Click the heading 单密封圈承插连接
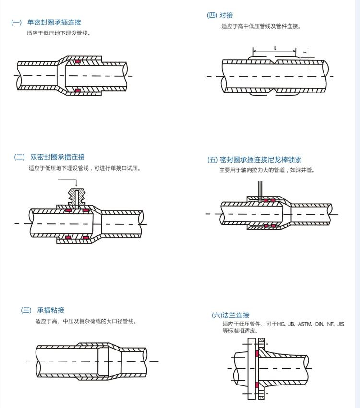click(54, 23)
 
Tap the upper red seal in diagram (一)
click(77, 61)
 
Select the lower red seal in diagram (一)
click(77, 90)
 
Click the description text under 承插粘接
click(86, 321)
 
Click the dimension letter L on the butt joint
click(275, 48)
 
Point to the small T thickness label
click(305, 52)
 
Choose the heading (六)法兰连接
click(231, 315)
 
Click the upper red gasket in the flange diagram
click(257, 354)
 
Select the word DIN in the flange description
click(320, 324)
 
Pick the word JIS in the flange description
click(341, 324)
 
